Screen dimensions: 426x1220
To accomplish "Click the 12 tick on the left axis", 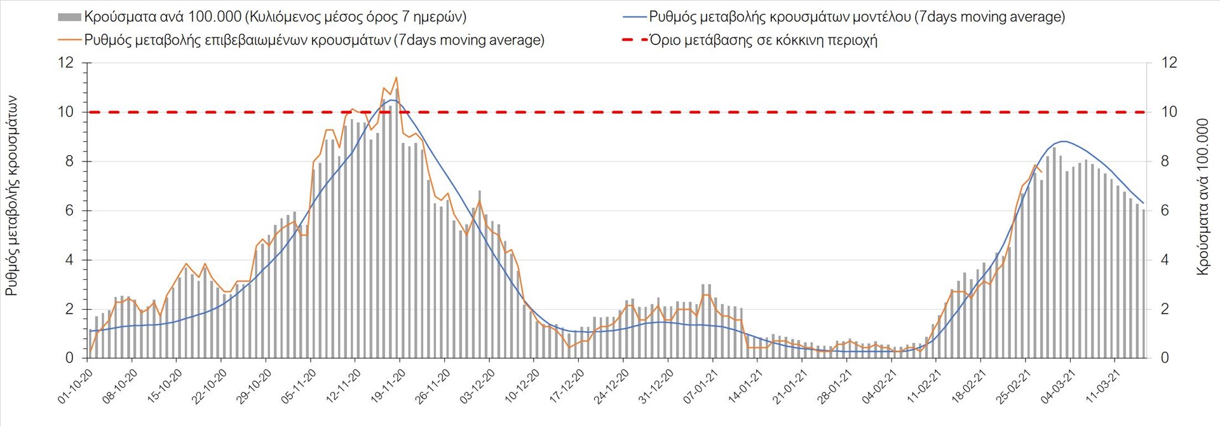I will pos(65,63).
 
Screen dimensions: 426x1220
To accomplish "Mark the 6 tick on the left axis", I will pos(69,210).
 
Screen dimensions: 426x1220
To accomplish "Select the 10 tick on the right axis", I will pos(1169,112).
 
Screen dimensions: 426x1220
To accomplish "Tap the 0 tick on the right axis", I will pos(1165,358).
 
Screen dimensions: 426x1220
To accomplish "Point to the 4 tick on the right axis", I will pos(1165,260).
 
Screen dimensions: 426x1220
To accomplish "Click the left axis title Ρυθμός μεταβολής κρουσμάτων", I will pos(11,196).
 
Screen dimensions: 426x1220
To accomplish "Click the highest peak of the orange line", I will pos(396,78).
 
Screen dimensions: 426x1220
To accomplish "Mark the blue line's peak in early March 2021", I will pos(1064,141).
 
